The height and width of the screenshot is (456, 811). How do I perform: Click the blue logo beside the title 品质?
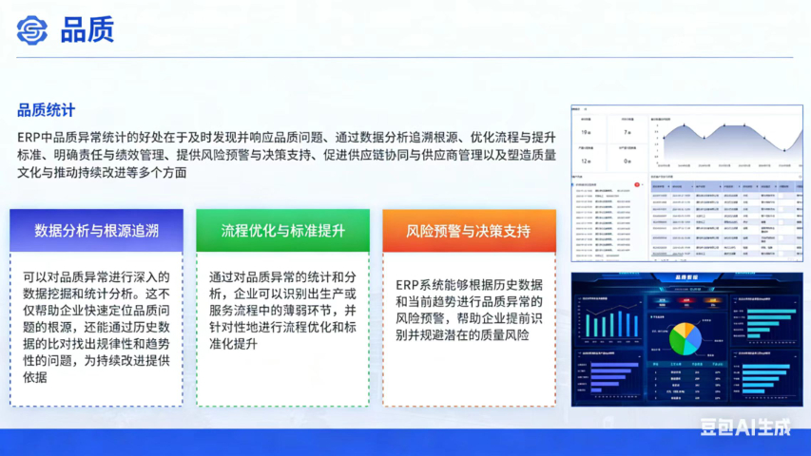point(32,29)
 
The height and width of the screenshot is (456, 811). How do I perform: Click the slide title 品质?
point(87,29)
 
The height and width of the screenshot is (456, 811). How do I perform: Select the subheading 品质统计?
point(47,110)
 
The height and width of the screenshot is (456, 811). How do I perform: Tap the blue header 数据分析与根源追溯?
point(96,231)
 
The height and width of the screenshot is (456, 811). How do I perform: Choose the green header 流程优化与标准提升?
point(282,231)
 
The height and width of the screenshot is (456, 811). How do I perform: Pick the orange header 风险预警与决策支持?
point(469,231)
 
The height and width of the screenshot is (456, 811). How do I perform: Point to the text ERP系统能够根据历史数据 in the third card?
point(469,285)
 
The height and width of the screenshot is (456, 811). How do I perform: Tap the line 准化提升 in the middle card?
point(233,344)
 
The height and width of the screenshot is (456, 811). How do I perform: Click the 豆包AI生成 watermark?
point(745,427)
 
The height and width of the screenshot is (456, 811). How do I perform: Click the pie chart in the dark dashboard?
point(685,337)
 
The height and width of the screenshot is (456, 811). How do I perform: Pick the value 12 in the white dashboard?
point(586,161)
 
